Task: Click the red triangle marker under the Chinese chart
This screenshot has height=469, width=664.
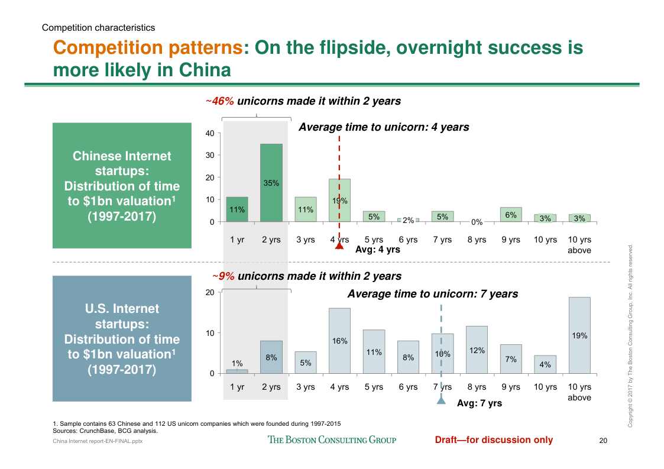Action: [x=339, y=246]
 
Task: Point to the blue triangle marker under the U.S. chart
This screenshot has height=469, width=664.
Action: [x=441, y=402]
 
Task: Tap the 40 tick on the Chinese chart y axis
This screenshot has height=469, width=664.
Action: [x=210, y=134]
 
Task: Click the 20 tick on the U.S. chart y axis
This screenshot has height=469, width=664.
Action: [x=210, y=293]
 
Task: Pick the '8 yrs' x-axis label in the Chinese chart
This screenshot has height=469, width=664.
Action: [x=477, y=240]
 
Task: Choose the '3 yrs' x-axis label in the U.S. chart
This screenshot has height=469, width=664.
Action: [x=305, y=387]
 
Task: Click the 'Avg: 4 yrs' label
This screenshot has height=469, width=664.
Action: [x=377, y=250]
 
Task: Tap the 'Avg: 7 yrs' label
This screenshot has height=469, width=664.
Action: [x=480, y=403]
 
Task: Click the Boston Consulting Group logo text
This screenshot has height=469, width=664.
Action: [x=332, y=439]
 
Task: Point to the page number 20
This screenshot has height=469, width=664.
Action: [x=603, y=440]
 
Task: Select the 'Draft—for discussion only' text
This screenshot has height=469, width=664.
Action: [x=494, y=439]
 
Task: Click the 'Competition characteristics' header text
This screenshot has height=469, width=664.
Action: [x=99, y=27]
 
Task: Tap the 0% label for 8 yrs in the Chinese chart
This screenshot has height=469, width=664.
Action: [x=477, y=222]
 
